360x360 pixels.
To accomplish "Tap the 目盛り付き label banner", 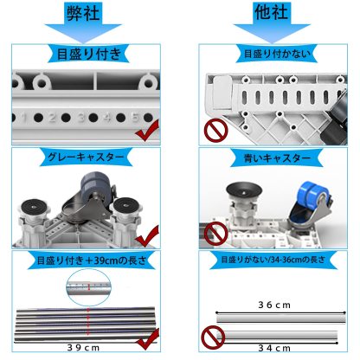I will tap(91, 54).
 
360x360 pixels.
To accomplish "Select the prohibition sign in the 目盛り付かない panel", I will tap(213, 131).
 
